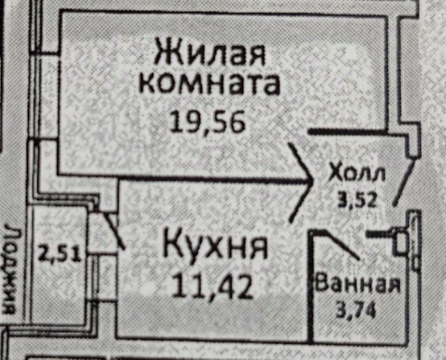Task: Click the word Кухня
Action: point(215,247)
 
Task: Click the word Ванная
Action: point(357,283)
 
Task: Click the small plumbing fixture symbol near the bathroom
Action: point(400,241)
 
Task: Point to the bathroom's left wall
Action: point(309,285)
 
